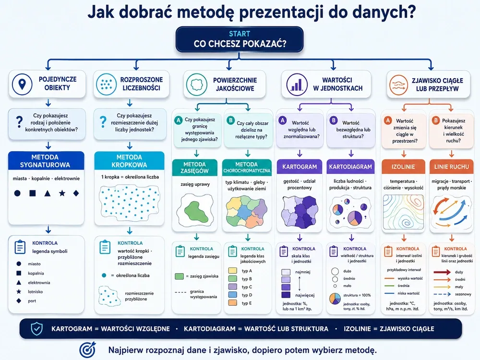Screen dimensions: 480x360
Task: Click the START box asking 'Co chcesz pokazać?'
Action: pyautogui.click(x=240, y=39)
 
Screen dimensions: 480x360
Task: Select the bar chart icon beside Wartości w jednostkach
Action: pyautogui.click(x=297, y=84)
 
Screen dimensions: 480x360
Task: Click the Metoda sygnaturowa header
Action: pyautogui.click(x=46, y=161)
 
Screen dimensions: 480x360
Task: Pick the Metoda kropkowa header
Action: pyautogui.click(x=129, y=161)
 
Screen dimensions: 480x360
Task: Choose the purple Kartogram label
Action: pyautogui.click(x=300, y=167)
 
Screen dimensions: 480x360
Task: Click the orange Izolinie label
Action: pyautogui.click(x=403, y=167)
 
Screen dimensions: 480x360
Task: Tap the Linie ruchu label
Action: pyautogui.click(x=451, y=167)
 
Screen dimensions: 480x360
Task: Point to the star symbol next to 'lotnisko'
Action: pyautogui.click(x=19, y=292)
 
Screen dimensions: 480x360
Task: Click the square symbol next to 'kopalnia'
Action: pyautogui.click(x=19, y=273)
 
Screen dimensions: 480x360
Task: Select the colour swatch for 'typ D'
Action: pyautogui.click(x=233, y=295)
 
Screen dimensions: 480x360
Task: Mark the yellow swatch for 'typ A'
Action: pyautogui.click(x=233, y=271)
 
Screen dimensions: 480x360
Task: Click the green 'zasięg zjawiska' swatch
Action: pyautogui.click(x=179, y=276)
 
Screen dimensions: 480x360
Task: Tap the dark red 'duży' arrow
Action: pyautogui.click(x=442, y=272)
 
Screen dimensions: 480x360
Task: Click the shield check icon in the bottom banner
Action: pyautogui.click(x=37, y=329)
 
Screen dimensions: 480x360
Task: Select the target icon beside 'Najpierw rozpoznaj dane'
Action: pyautogui.click(x=87, y=350)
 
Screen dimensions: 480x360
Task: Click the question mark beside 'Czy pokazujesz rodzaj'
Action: pyautogui.click(x=19, y=122)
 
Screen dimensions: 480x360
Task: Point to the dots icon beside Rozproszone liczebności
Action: pyautogui.click(x=106, y=84)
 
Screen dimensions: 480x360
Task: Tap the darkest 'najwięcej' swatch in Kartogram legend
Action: pyautogui.click(x=286, y=295)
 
